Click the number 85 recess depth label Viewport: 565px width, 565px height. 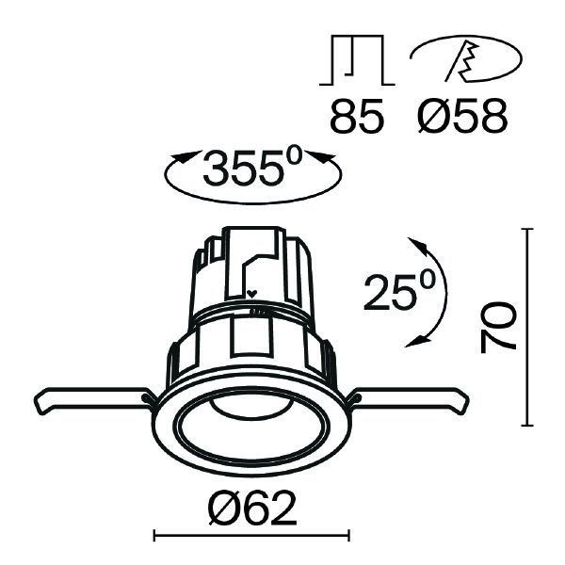point(356,116)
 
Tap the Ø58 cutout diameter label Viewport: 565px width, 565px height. point(462,116)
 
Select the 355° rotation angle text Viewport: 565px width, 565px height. point(251,166)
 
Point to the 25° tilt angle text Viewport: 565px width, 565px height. point(399,290)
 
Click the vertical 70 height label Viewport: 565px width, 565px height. point(497,327)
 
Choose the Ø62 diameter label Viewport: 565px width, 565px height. point(252,508)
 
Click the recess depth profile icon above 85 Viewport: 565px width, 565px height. point(357,60)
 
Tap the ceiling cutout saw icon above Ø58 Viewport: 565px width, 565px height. point(466,58)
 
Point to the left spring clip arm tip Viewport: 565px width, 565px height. point(38,404)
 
